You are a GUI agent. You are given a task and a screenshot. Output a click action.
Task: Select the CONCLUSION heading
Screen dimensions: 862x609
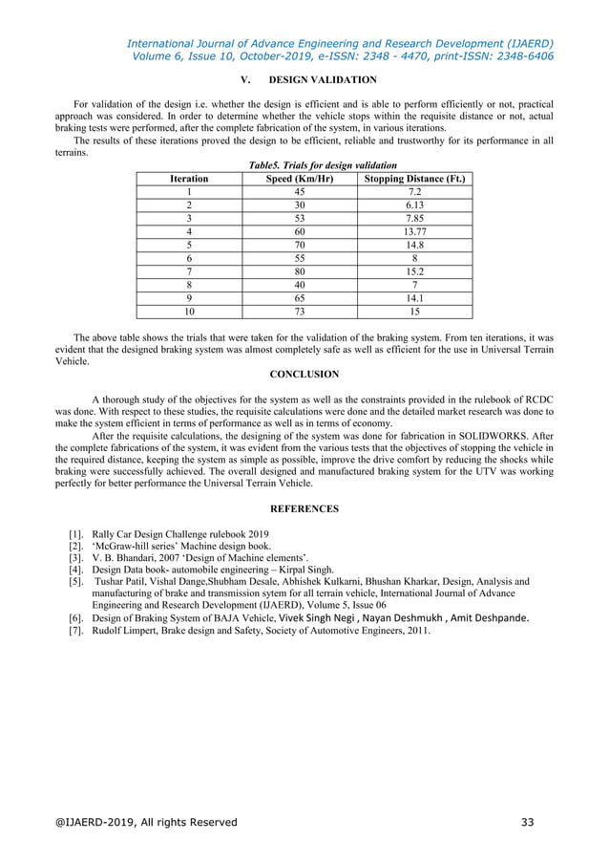304,375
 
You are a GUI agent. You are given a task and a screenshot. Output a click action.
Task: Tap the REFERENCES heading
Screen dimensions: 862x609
304,508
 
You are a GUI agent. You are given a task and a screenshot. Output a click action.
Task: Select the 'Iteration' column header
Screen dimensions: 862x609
189,178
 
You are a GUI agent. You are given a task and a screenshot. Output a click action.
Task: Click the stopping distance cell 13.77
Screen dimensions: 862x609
414,230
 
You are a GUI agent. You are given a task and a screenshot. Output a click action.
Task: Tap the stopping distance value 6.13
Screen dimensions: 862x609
414,205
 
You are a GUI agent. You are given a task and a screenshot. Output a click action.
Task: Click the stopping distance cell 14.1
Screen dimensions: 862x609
414,297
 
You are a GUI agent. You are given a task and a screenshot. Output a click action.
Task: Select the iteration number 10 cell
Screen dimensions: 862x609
189,311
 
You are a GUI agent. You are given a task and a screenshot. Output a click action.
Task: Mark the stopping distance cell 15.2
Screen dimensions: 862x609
414,270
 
